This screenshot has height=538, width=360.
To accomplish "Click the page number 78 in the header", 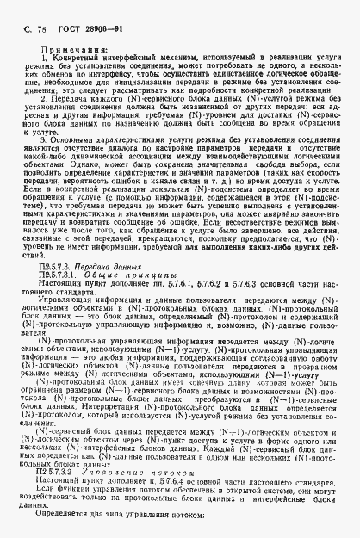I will click(40, 29).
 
